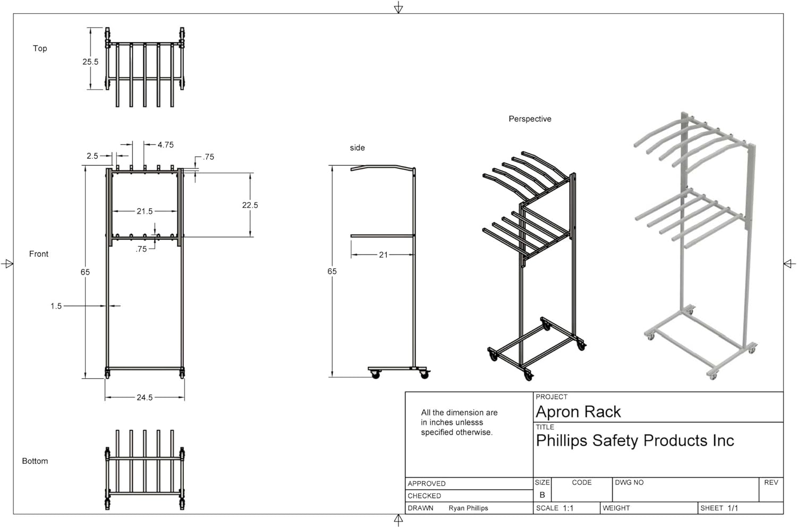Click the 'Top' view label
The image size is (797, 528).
40,48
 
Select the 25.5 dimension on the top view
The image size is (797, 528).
90,62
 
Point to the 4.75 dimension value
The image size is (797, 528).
165,144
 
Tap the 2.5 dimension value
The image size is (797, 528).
92,156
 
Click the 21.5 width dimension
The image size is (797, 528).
145,211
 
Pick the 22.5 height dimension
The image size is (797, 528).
250,205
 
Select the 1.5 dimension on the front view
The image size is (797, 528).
56,306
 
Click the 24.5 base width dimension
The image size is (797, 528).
145,397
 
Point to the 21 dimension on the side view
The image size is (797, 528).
383,255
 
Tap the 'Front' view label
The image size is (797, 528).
39,254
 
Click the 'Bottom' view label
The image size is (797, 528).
35,461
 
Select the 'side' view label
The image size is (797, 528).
357,148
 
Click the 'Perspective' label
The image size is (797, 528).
530,119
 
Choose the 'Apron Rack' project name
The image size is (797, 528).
578,412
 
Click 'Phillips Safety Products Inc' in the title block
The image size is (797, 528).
634,440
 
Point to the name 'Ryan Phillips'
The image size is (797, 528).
468,508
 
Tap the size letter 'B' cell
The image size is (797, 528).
542,495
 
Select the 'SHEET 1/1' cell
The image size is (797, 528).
719,508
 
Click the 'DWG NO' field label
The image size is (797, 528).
629,483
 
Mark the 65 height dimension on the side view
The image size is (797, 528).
332,271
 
